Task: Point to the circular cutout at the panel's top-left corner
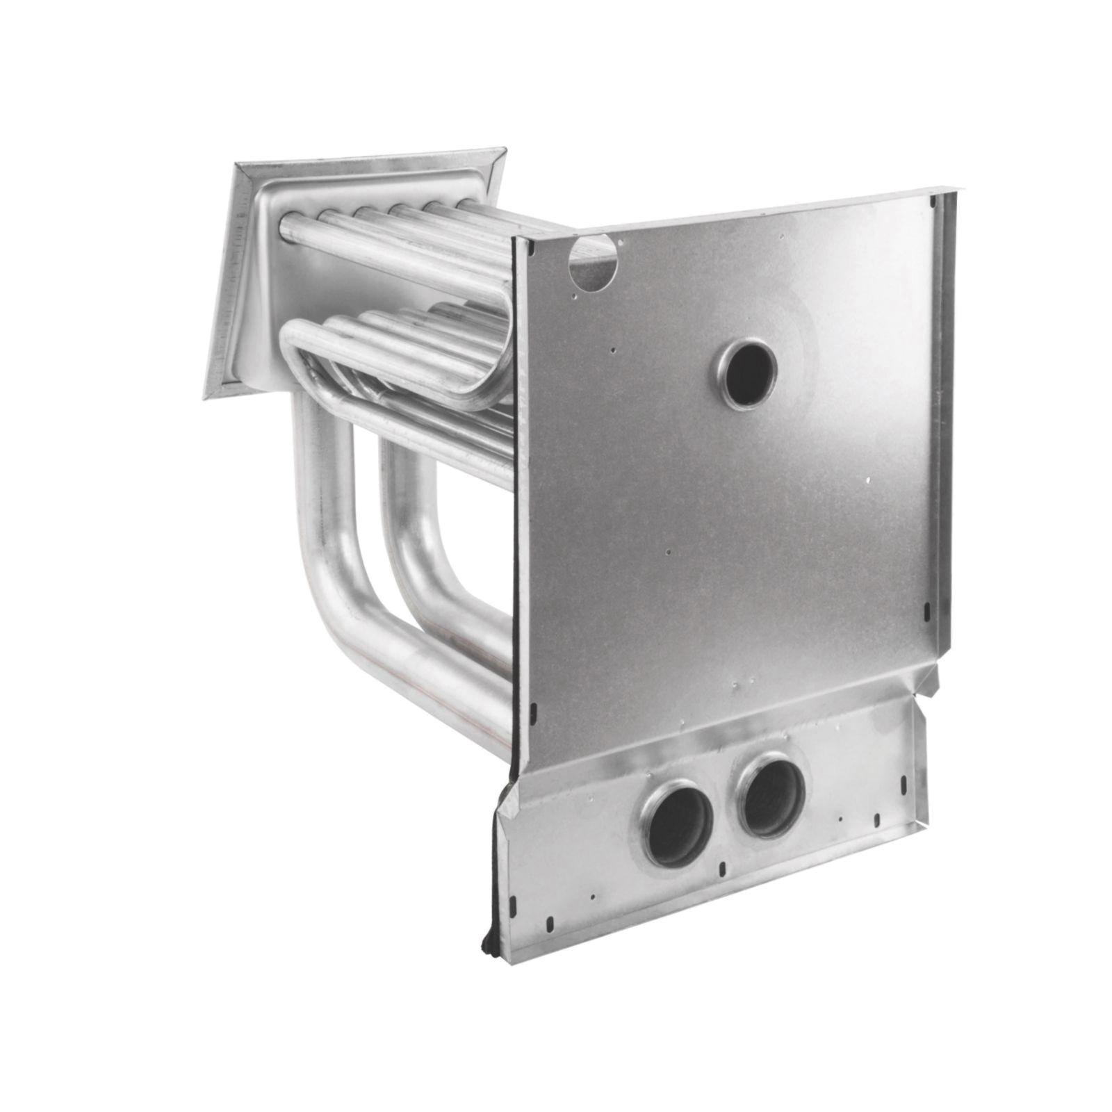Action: tap(591, 261)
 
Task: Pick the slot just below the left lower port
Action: tap(724, 867)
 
